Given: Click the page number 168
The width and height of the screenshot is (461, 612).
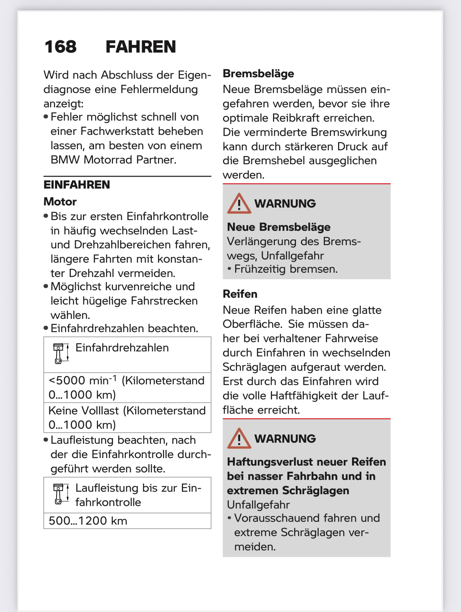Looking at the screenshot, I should click(x=60, y=47).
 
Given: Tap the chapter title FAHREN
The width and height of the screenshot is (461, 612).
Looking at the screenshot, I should click(x=141, y=47).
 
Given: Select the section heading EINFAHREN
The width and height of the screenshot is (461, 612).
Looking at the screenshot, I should click(x=77, y=185).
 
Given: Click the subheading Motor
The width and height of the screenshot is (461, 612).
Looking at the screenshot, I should click(x=60, y=202).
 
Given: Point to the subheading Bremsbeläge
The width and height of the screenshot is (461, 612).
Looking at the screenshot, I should click(x=258, y=74).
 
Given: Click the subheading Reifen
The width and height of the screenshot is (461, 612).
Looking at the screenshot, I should click(x=240, y=294).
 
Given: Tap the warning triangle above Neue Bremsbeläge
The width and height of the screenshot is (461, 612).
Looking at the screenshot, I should click(x=239, y=204).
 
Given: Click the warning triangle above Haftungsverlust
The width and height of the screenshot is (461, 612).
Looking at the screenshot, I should click(x=239, y=438).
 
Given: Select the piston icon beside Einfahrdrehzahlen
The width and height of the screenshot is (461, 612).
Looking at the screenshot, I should click(x=60, y=353).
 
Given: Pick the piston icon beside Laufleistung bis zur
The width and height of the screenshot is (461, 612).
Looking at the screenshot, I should click(x=60, y=494).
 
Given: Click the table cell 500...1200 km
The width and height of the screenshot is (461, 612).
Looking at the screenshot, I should click(x=88, y=521).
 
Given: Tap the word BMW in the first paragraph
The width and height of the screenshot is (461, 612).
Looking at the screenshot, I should click(x=65, y=160).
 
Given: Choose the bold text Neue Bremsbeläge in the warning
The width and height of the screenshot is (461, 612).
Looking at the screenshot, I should click(x=279, y=227).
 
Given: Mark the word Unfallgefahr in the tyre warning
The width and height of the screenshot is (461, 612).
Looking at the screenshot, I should click(x=258, y=505).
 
